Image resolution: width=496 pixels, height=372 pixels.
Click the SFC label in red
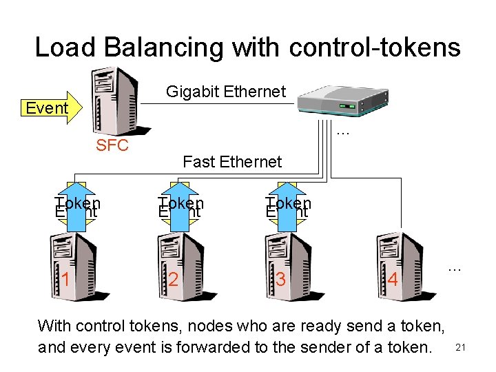click(x=112, y=145)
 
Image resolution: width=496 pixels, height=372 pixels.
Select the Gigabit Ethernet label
click(x=226, y=92)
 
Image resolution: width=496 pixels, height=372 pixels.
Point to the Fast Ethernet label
click(x=232, y=162)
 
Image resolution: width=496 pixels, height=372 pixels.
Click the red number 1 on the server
click(x=65, y=279)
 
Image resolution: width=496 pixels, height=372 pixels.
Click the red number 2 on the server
click(x=174, y=279)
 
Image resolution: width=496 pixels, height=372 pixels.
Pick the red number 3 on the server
click(x=280, y=279)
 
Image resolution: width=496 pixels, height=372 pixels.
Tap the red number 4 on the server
click(x=393, y=280)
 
